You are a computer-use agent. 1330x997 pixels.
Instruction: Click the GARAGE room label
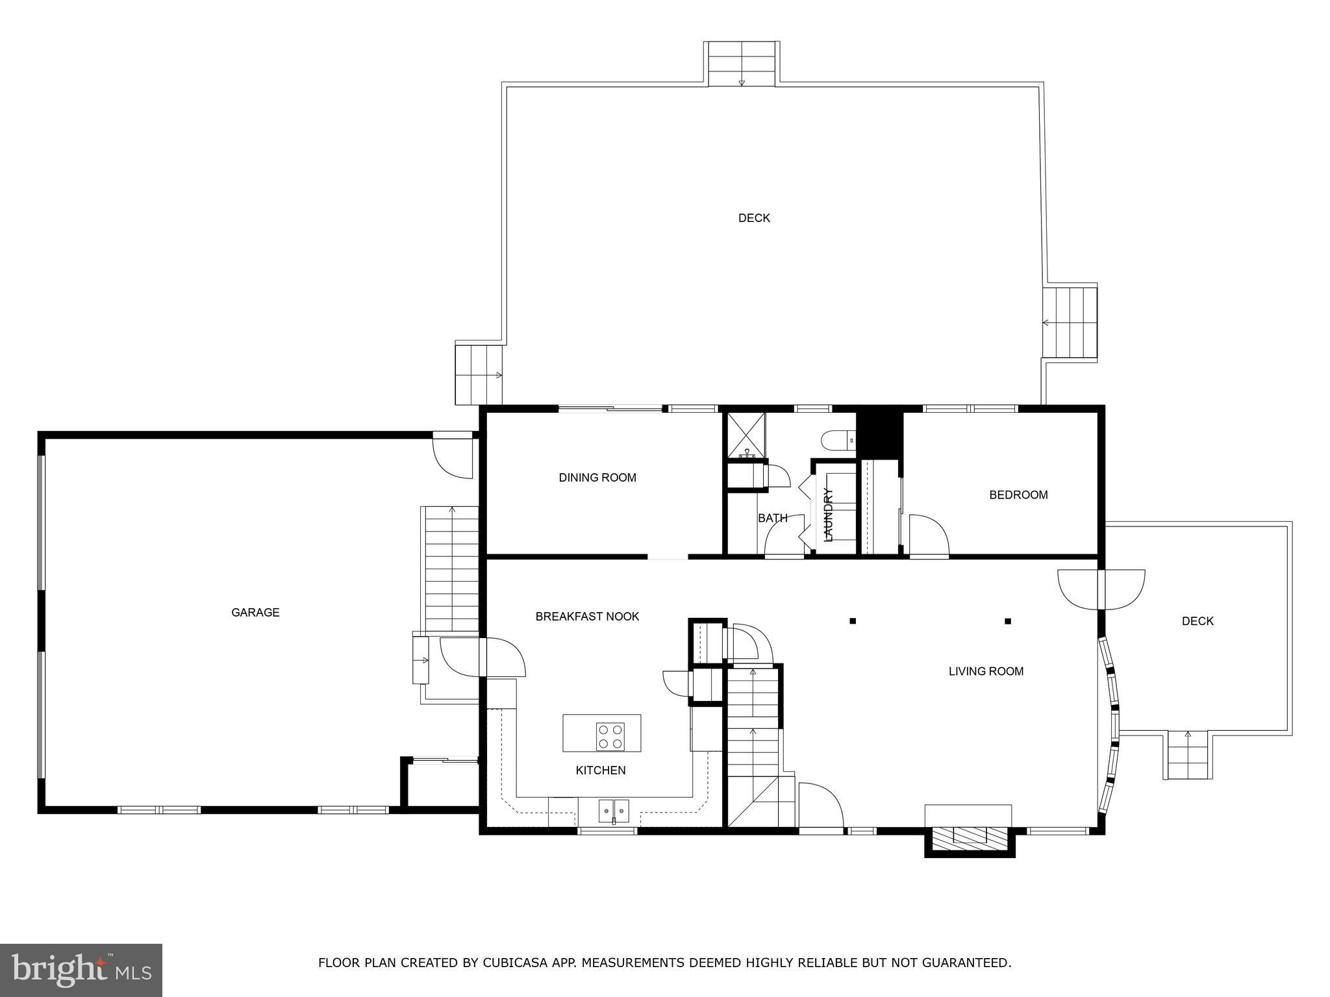255,612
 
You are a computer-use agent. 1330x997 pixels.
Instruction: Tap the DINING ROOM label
597,478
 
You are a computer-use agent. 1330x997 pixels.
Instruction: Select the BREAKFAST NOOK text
587,617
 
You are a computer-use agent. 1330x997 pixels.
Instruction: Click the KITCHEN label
601,770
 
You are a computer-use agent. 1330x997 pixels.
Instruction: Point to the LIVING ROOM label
986,671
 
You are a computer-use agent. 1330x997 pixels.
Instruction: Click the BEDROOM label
1018,495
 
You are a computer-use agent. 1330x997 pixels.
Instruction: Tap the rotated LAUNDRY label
828,515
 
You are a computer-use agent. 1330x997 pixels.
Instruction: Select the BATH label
772,518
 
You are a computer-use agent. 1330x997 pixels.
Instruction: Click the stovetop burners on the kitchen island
610,736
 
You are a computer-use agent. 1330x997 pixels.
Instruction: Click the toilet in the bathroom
838,441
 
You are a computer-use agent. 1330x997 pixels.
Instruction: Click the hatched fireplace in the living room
969,835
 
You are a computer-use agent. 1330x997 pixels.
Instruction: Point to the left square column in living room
853,621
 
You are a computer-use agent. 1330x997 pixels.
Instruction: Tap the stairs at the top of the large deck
742,64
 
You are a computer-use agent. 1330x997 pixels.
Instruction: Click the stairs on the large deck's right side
1070,322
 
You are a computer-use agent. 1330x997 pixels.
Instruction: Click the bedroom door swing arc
929,535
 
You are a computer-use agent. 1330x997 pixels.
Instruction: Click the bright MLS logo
81,970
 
